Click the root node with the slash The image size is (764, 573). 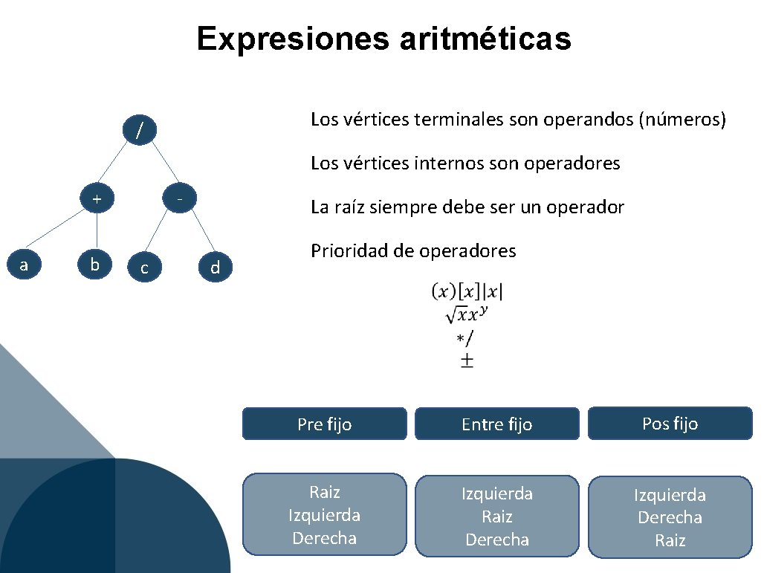139,131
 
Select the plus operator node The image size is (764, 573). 97,199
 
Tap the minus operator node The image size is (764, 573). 179,198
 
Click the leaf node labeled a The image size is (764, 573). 25,265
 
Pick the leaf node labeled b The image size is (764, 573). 94,265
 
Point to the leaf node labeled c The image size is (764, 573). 144,268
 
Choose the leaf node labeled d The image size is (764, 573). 215,268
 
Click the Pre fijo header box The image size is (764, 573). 325,424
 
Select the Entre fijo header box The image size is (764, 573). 496,424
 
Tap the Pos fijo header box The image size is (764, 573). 670,423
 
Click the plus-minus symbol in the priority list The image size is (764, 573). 467,361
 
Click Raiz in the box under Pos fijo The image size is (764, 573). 670,540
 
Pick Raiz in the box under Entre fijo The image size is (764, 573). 496,517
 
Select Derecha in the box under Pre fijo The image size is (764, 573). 324,538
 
